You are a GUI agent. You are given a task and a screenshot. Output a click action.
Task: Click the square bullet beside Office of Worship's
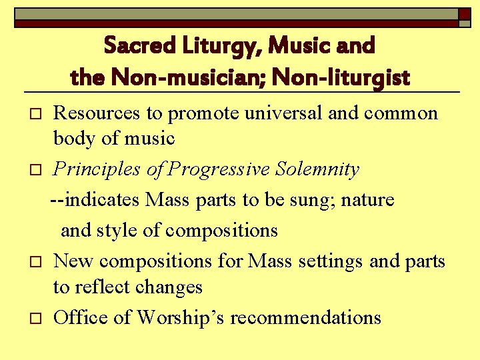(x=36, y=319)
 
